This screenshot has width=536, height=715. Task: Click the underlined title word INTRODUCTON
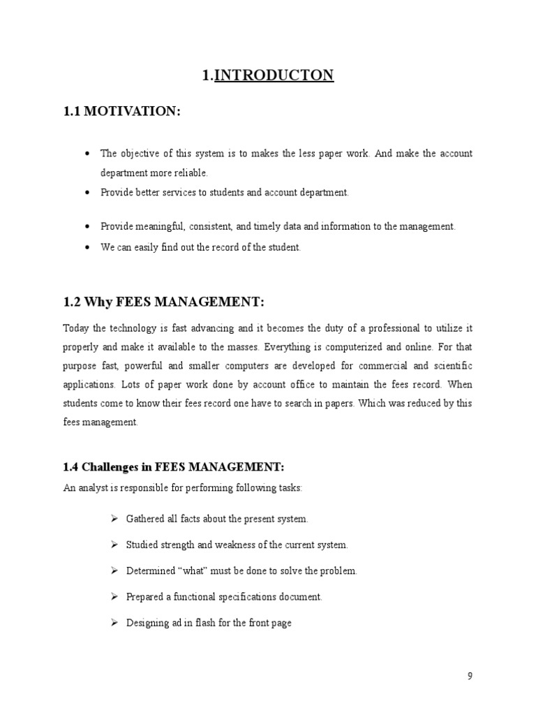pyautogui.click(x=274, y=75)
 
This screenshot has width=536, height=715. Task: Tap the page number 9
pyautogui.click(x=470, y=675)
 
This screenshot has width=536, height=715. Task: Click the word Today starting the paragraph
pyautogui.click(x=77, y=327)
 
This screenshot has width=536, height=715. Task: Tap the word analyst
pyautogui.click(x=89, y=488)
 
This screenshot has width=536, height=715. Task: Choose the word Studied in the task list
pyautogui.click(x=143, y=545)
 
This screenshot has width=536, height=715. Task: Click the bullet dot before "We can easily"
pyautogui.click(x=87, y=248)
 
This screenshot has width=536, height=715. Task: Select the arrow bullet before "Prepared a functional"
pyautogui.click(x=114, y=596)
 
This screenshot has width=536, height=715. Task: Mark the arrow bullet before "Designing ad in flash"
pyautogui.click(x=114, y=622)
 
